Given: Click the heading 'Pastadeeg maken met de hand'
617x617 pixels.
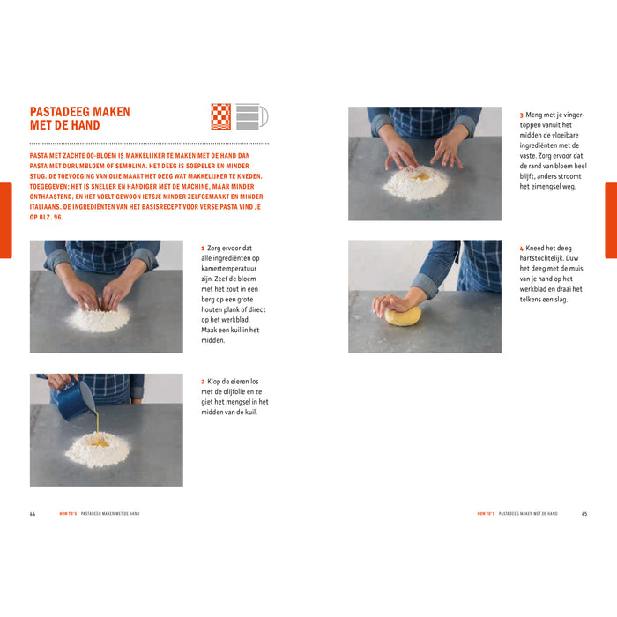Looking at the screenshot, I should (79, 118).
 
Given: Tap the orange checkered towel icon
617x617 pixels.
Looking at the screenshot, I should (220, 116).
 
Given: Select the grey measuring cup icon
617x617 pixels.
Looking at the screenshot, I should (250, 116).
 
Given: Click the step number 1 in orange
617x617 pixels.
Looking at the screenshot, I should (203, 249).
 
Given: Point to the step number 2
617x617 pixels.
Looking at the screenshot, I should (203, 382).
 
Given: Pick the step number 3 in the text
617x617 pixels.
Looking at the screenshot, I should (521, 115).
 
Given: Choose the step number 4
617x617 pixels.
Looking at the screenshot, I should (521, 249).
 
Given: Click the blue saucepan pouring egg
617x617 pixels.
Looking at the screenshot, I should (76, 398).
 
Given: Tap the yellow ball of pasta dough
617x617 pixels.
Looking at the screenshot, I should (403, 315).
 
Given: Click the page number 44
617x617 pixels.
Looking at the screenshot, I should (33, 513).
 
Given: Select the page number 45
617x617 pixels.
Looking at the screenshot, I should (584, 513).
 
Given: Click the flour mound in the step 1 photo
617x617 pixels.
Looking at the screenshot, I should (98, 317).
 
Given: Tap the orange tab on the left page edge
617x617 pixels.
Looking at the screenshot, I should (5, 220).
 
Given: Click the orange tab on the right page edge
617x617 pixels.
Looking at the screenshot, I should (611, 220).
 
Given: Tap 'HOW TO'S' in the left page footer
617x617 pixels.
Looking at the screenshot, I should (68, 513).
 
